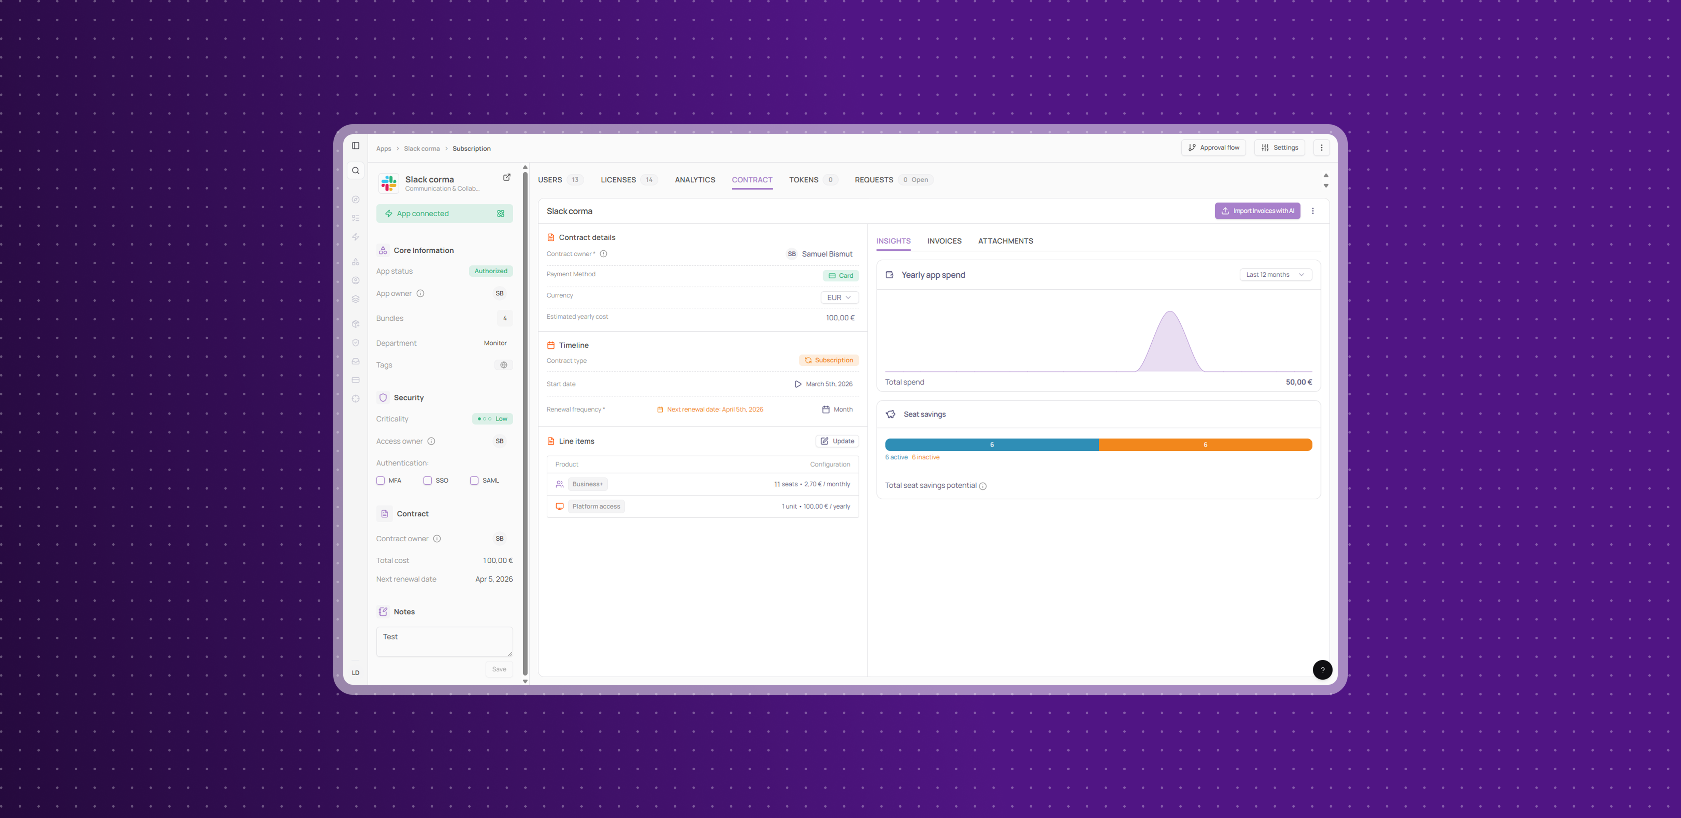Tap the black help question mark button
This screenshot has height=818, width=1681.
1322,670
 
